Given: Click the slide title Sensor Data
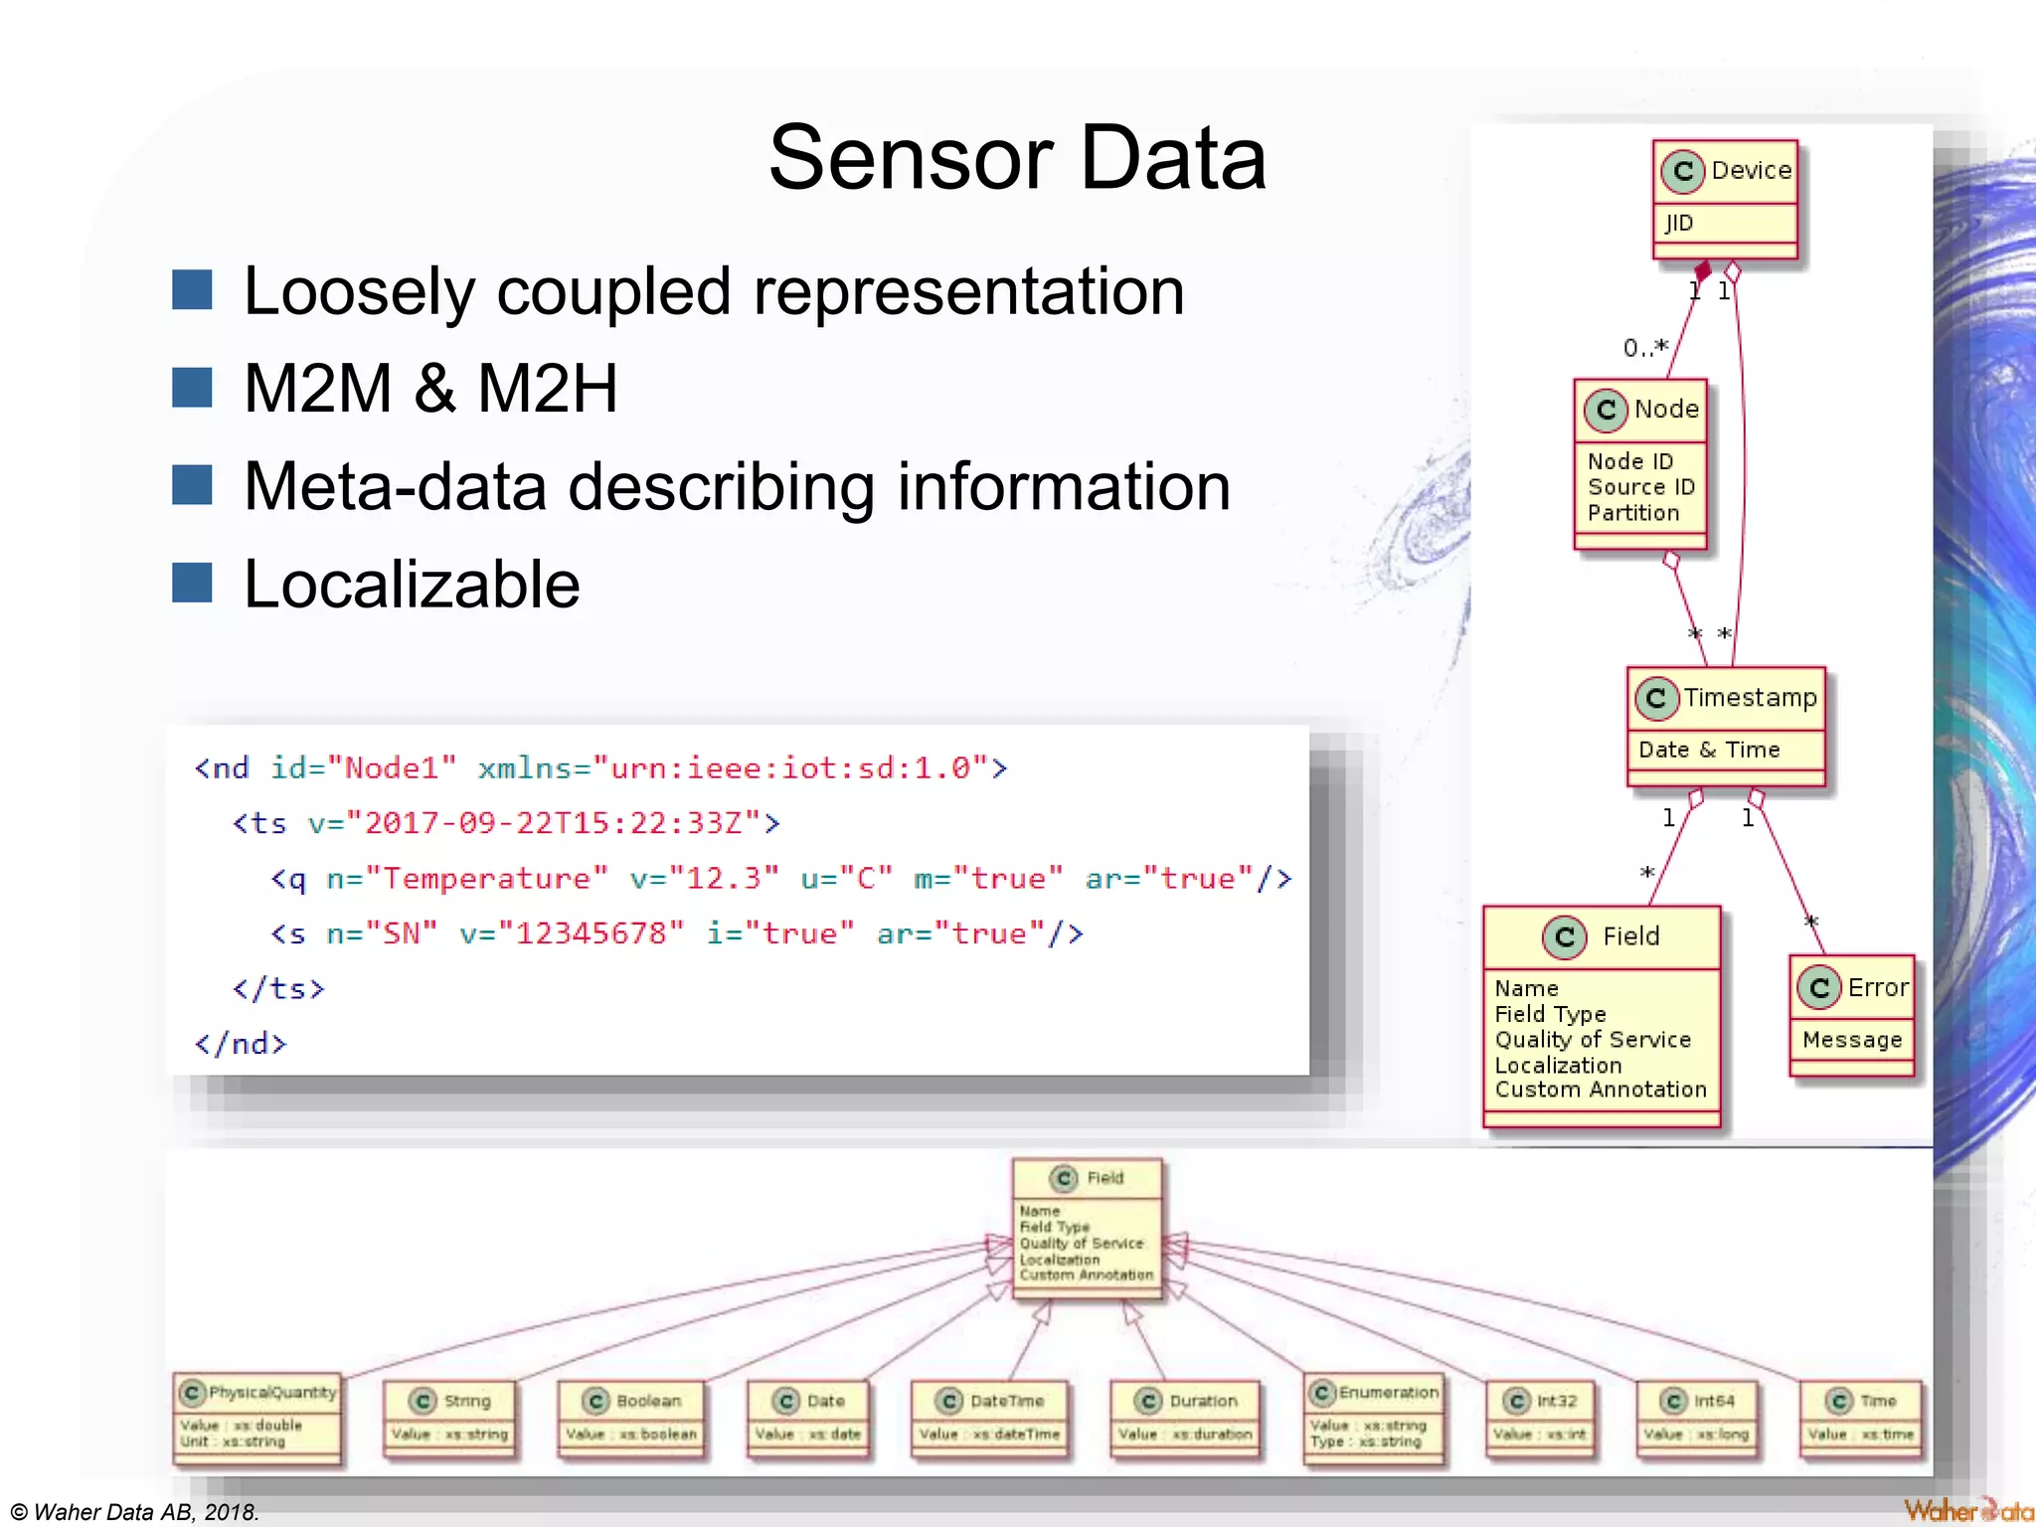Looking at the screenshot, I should pos(1017,159).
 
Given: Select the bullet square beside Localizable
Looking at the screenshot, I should pos(192,584).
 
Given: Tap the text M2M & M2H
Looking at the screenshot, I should pos(430,388).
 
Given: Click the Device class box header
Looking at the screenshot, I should pos(1726,171).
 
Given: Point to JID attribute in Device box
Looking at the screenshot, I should pos(1679,223).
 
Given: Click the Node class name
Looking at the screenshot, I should pos(1665,409).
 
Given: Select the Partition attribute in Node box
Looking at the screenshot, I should pos(1632,513).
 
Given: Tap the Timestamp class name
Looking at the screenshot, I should pos(1749,698).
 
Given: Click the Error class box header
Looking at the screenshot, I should pos(1853,987).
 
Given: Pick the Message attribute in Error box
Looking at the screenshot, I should pos(1851,1040).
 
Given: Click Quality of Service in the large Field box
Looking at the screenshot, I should pos(1592,1040).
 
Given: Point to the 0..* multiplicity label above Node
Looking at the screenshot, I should pos(1644,348).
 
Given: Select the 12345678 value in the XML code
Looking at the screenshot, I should pos(591,933).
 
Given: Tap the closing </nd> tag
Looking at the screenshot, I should pos(241,1044).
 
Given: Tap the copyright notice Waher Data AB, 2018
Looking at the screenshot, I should pos(135,1512).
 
